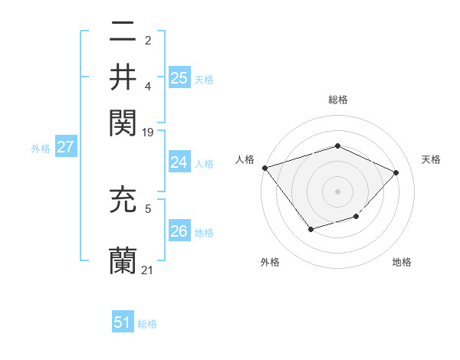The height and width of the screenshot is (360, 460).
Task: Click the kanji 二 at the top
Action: (x=123, y=32)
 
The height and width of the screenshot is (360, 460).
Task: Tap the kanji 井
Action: (x=123, y=77)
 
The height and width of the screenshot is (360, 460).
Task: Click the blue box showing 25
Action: (x=179, y=77)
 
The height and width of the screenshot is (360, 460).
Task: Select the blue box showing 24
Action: (x=179, y=162)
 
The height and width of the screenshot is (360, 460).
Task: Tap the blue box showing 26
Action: (x=179, y=231)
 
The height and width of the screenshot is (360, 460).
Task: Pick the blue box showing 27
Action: (x=65, y=147)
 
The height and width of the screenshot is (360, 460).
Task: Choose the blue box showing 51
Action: (x=123, y=322)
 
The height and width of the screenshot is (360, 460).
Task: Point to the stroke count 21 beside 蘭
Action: (x=148, y=270)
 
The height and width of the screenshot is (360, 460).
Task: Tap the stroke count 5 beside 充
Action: (x=148, y=206)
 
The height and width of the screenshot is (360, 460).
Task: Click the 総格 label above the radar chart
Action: (x=337, y=100)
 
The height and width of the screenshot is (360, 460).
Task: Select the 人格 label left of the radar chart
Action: (x=245, y=159)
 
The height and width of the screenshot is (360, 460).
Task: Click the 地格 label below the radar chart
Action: (x=402, y=263)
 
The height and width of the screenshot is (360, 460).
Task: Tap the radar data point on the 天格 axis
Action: (x=396, y=172)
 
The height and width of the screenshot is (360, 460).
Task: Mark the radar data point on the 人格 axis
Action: (x=264, y=168)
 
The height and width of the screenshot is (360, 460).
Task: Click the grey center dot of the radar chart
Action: (x=337, y=191)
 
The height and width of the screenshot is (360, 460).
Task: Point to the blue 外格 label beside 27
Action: (x=40, y=149)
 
